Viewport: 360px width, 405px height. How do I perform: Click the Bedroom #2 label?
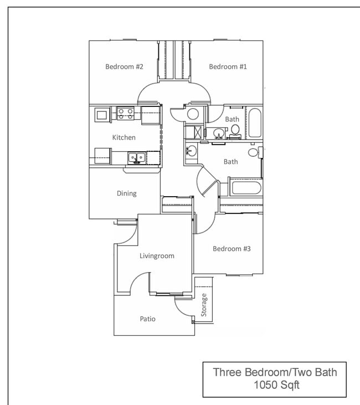tap(125, 66)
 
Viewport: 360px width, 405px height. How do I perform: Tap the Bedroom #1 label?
tap(228, 66)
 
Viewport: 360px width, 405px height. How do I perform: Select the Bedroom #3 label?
tap(232, 249)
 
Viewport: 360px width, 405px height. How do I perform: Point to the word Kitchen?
tap(124, 137)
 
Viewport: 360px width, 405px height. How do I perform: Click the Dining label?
tap(126, 193)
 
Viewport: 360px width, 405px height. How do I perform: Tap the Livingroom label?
tap(157, 256)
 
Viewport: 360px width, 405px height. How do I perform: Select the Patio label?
tap(147, 319)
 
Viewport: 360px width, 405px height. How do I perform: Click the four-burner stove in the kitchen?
tap(125, 114)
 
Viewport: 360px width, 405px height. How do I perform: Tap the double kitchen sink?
tap(136, 158)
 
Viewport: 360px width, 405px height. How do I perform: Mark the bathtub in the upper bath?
tap(254, 123)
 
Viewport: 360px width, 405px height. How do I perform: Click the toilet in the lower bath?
tap(253, 152)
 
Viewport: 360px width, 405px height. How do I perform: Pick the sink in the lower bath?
tap(191, 151)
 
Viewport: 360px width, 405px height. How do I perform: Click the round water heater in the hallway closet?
tap(193, 115)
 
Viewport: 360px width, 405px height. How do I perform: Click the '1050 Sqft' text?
tap(274, 385)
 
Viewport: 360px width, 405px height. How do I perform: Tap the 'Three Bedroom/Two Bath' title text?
tap(274, 372)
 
